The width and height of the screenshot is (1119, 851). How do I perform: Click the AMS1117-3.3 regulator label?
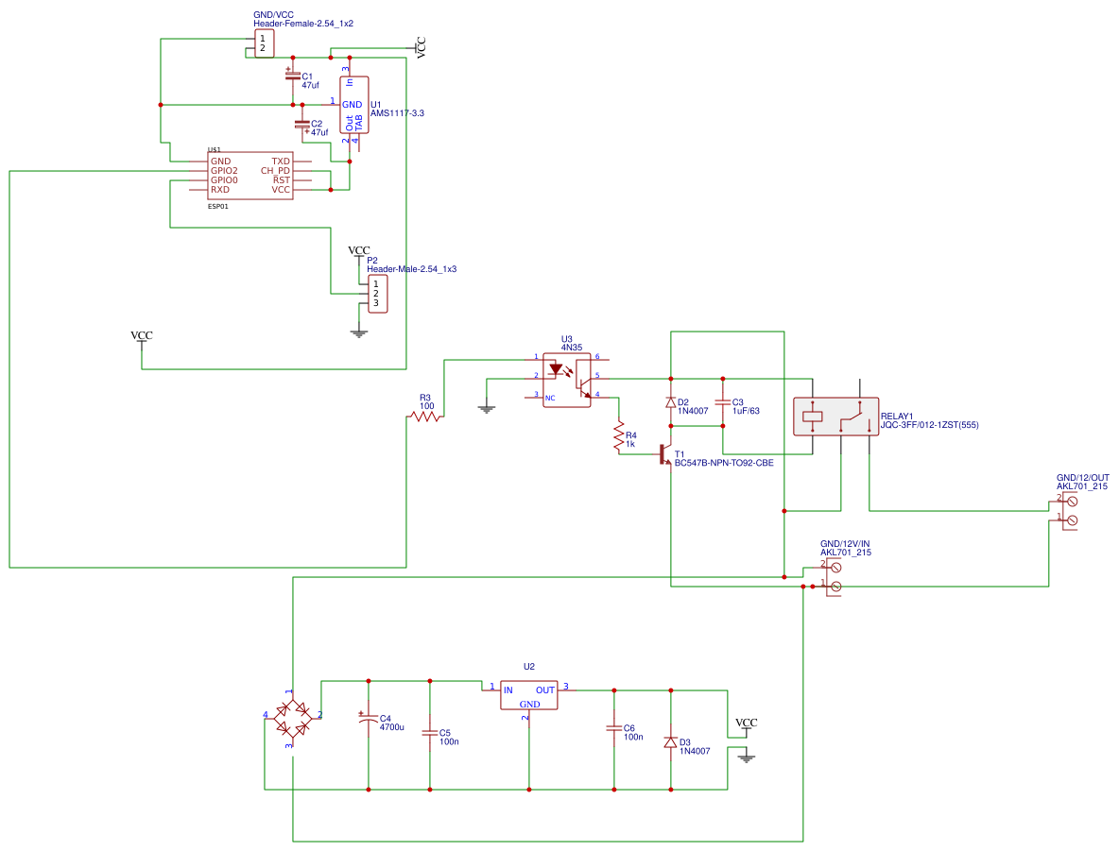coord(397,113)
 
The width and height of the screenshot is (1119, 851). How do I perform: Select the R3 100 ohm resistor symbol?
coord(425,417)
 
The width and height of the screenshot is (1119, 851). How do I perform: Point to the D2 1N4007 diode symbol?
coord(671,402)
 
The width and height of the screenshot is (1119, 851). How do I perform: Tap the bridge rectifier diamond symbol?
coord(292,719)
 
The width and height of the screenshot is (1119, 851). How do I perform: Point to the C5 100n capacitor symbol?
coord(430,732)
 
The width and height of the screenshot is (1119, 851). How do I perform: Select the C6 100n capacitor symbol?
coord(614,728)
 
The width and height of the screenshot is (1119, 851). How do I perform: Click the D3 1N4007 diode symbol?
coord(671,742)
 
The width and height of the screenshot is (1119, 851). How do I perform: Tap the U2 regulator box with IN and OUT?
coord(529,695)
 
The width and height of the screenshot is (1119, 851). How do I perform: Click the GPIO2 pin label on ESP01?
coord(224,171)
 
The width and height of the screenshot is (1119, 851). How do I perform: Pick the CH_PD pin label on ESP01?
coord(275,171)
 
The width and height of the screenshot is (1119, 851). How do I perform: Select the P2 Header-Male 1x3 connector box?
coord(375,294)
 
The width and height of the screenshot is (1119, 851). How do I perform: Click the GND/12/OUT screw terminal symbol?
coord(1070,511)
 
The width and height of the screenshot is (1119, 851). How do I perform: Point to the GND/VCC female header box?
coord(263,43)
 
